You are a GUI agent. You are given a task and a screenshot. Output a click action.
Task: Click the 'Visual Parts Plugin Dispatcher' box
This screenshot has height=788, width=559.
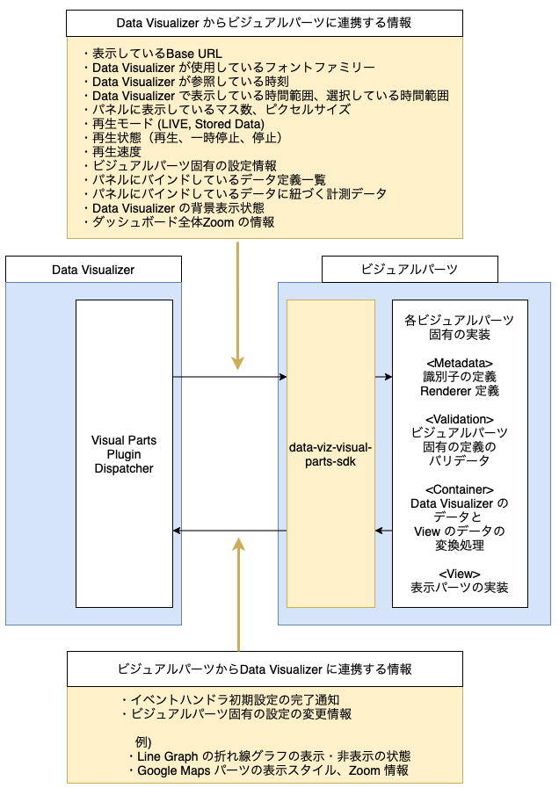124,453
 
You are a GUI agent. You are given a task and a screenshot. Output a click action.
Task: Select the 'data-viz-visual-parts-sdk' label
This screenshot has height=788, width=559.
330,453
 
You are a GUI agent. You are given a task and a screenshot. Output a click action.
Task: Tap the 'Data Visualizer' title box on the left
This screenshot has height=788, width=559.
93,269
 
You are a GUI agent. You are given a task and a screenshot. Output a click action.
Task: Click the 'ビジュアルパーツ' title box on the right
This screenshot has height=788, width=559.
410,269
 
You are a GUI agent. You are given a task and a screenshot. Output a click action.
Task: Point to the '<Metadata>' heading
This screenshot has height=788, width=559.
459,363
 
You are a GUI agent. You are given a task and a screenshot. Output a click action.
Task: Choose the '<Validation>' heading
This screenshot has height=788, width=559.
459,419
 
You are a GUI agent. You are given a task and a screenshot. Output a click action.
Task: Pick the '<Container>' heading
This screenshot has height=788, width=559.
459,489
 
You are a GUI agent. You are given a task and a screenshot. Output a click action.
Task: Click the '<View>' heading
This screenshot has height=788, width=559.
459,574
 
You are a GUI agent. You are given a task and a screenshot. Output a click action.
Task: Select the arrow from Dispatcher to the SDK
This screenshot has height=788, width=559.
229,377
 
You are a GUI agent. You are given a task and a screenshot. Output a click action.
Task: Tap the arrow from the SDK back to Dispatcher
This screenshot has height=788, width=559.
229,531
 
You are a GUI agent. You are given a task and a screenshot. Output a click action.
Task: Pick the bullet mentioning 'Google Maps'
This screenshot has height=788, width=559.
267,770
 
